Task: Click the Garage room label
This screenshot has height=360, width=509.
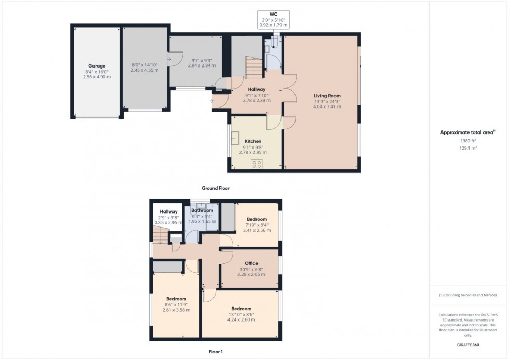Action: pos(97,66)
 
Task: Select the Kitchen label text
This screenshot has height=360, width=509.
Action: pos(253,141)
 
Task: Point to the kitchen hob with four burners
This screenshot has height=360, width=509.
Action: pos(257,164)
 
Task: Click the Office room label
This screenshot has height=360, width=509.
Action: pos(251,263)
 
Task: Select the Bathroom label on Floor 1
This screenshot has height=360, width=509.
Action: pos(202,210)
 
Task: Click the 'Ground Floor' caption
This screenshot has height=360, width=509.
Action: pos(216,188)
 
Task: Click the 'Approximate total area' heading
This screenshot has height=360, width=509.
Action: pos(467,132)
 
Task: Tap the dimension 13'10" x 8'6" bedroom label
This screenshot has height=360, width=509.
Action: pos(241,315)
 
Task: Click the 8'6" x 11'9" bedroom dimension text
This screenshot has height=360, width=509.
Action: pos(176,304)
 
